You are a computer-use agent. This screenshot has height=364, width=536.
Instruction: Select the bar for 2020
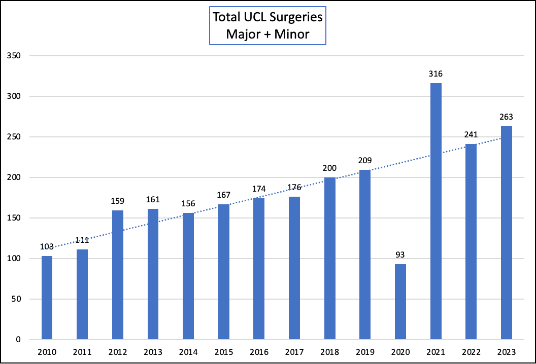tap(400, 302)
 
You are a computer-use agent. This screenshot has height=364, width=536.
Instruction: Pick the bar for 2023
tap(507, 233)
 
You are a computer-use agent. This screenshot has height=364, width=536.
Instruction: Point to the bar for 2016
tap(259, 269)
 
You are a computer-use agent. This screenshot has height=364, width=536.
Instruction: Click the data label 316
tap(435, 74)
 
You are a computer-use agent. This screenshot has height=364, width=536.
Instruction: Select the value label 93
tap(400, 255)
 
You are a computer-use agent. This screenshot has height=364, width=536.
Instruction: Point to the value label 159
tap(118, 201)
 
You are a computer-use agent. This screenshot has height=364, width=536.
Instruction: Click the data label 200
tap(329, 168)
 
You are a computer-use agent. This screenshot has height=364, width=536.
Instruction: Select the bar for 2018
tap(329, 259)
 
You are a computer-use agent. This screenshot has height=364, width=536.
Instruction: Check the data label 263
tap(507, 117)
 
